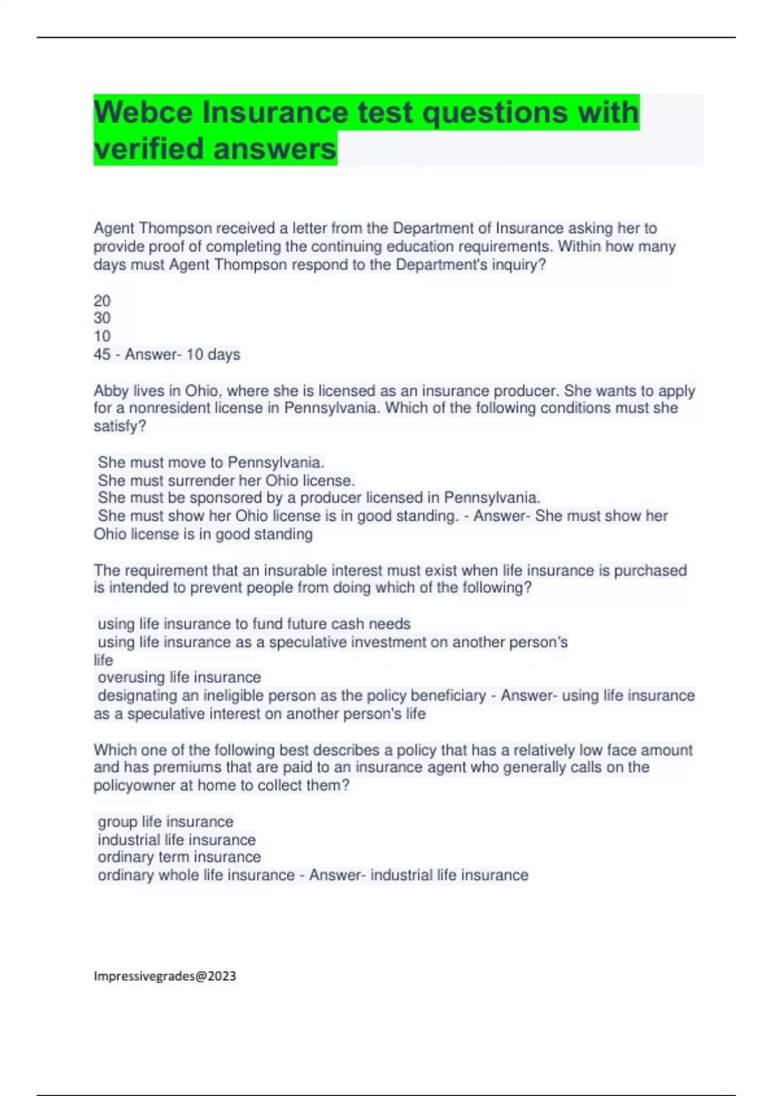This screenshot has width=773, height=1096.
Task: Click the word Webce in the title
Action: click(143, 113)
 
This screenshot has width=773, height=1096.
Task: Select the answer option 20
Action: click(102, 300)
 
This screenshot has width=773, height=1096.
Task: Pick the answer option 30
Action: click(102, 318)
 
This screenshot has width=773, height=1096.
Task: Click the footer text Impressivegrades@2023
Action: click(165, 976)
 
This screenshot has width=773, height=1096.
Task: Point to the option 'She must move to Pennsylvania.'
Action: click(211, 462)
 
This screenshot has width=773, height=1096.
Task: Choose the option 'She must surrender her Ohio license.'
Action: click(226, 480)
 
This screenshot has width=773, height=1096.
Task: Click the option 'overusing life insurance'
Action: click(179, 677)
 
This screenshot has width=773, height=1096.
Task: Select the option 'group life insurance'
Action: click(165, 821)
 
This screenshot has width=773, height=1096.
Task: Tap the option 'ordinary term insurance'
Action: click(179, 857)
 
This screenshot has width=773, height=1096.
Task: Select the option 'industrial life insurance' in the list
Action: click(177, 839)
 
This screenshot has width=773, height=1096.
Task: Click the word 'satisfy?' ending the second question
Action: click(120, 426)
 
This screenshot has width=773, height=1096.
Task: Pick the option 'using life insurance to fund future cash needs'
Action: click(254, 623)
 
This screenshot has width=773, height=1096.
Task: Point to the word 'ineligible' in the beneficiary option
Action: click(233, 696)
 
